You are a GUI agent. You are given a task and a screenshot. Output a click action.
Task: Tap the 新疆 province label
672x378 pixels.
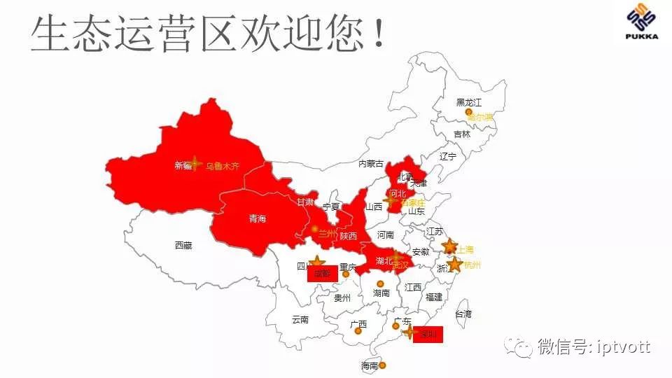[183, 166]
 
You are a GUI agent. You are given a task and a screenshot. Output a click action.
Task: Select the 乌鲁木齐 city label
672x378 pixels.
[223, 167]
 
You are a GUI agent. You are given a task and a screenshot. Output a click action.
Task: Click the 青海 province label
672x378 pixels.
[258, 219]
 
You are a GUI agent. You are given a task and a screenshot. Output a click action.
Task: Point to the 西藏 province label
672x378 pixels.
[183, 246]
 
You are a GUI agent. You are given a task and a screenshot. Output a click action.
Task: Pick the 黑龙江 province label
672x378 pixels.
[469, 102]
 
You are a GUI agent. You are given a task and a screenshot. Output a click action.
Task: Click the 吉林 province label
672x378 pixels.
[462, 134]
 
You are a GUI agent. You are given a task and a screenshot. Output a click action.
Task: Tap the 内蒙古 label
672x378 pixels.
[371, 164]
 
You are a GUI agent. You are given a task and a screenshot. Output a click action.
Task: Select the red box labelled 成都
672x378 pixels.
[322, 274]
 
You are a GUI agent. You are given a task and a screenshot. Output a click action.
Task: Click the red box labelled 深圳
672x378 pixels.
[428, 335]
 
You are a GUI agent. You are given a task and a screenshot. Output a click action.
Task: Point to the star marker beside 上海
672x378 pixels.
[450, 246]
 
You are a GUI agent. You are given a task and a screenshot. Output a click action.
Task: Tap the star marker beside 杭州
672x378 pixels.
[454, 264]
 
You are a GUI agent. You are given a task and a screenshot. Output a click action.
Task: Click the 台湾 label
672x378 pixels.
[463, 314]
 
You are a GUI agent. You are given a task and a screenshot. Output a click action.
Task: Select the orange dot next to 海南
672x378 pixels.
[382, 365]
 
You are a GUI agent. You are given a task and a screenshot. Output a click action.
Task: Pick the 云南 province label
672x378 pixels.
[300, 319]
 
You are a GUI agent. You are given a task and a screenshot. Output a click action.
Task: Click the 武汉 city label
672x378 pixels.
[400, 265]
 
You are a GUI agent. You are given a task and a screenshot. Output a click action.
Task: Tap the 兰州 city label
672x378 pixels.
[327, 234]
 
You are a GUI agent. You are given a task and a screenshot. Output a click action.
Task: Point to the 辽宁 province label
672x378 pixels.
[448, 156]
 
